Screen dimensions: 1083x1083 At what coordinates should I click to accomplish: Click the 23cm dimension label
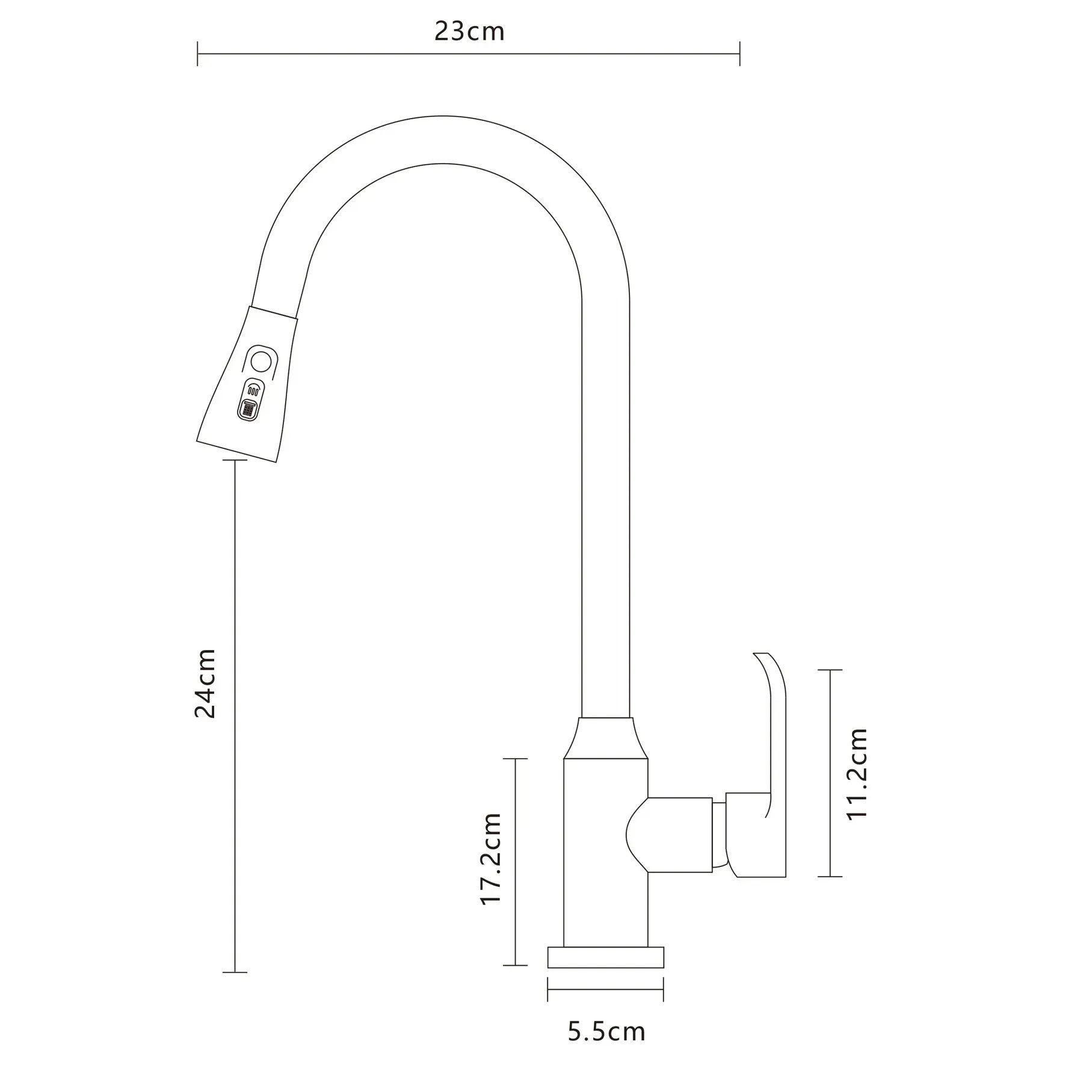coord(469,31)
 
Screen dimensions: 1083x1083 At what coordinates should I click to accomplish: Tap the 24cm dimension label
coord(205,683)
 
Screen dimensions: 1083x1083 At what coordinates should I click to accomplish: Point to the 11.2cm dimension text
coord(857,773)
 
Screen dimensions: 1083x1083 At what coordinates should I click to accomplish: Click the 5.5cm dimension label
coord(606,1032)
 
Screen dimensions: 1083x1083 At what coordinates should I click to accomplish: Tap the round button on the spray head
coord(261,362)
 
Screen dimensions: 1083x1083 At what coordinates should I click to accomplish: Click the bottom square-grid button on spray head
coord(247,409)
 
